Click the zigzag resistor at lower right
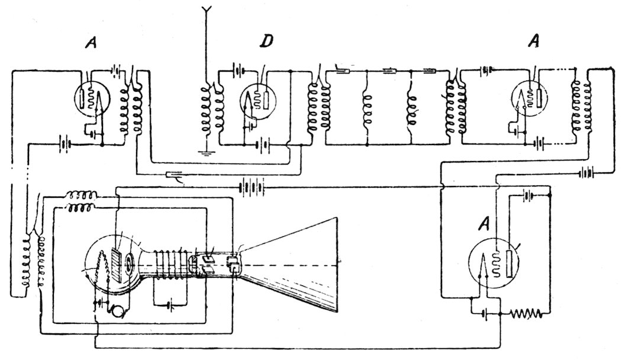click(526, 312)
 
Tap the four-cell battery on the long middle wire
click(251, 188)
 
